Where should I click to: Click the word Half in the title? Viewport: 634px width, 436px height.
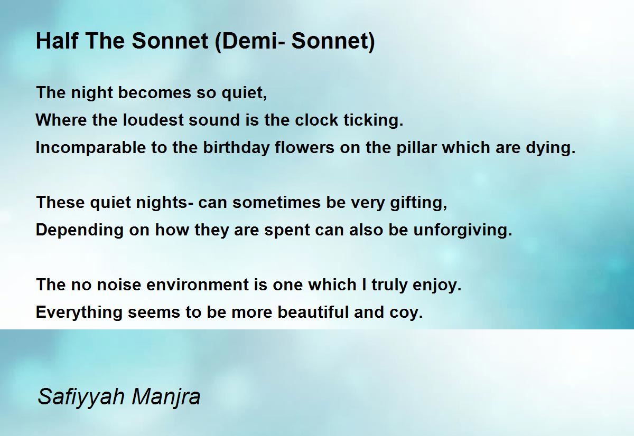click(57, 41)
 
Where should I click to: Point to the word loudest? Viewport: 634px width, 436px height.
click(153, 120)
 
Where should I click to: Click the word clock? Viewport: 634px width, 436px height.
click(316, 120)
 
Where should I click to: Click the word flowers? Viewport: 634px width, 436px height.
click(304, 147)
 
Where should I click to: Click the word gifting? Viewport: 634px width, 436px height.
click(418, 203)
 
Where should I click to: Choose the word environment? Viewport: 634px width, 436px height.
click(198, 285)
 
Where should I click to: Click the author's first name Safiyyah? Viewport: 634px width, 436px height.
click(81, 397)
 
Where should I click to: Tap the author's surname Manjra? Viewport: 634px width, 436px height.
click(166, 397)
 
